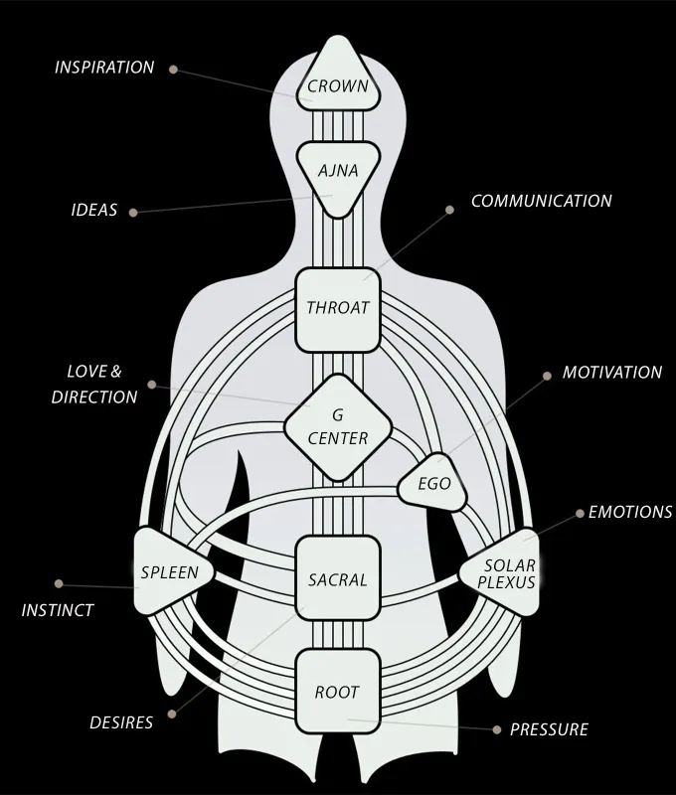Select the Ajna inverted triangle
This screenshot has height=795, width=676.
pyautogui.click(x=338, y=173)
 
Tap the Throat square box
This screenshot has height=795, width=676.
pyautogui.click(x=338, y=309)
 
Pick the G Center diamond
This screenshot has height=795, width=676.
pyautogui.click(x=338, y=425)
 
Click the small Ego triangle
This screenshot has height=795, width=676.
pyautogui.click(x=433, y=485)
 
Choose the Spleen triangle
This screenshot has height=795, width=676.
pyautogui.click(x=167, y=572)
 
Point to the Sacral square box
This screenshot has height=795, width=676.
pyautogui.click(x=338, y=579)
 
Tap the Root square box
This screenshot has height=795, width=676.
pyautogui.click(x=338, y=692)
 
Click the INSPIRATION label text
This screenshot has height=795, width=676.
pyautogui.click(x=104, y=69)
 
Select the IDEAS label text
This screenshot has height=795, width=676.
pyautogui.click(x=94, y=211)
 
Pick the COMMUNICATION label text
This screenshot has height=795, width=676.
pyautogui.click(x=541, y=201)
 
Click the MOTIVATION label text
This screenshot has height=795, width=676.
pyautogui.click(x=611, y=373)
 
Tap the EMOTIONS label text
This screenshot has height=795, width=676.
pyautogui.click(x=630, y=513)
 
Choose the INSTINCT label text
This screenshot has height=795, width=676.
pyautogui.click(x=58, y=610)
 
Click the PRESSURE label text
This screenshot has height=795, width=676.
pyautogui.click(x=549, y=729)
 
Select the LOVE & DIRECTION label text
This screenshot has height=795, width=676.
pyautogui.click(x=94, y=385)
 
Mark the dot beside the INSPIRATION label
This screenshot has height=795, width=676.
pyautogui.click(x=173, y=70)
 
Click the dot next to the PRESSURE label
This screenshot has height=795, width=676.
pyautogui.click(x=497, y=729)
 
